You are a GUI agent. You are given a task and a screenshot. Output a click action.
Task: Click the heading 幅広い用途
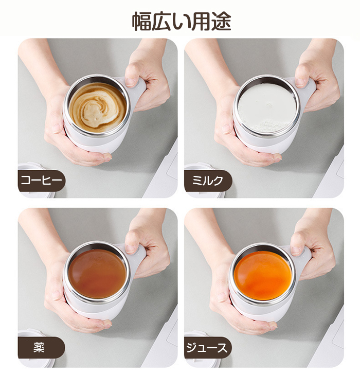pyautogui.click(x=182, y=21)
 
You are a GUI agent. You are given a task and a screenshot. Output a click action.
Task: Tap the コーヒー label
pyautogui.click(x=42, y=181)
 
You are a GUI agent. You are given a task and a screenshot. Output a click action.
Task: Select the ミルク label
pyautogui.click(x=208, y=181)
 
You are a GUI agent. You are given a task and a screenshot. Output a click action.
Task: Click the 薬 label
pyautogui.click(x=39, y=347)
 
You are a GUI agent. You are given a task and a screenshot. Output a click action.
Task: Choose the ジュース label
pyautogui.click(x=207, y=348)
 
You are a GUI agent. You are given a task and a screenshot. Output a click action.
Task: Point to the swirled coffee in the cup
pyautogui.click(x=98, y=107)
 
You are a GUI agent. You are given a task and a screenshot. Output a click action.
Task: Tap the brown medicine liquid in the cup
pyautogui.click(x=97, y=274)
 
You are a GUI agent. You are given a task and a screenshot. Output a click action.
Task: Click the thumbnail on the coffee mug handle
pyautogui.click(x=131, y=82)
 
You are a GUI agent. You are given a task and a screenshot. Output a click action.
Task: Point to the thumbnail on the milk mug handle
pyautogui.click(x=300, y=82)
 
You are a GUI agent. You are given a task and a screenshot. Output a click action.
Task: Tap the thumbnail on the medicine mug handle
pyautogui.click(x=131, y=249)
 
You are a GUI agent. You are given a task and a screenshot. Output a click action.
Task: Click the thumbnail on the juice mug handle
pyautogui.click(x=296, y=251)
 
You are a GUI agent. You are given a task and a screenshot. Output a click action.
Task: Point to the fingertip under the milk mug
pyautogui.click(x=277, y=157)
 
